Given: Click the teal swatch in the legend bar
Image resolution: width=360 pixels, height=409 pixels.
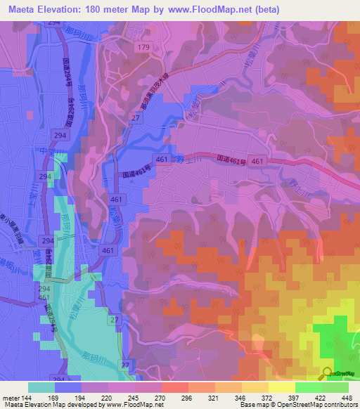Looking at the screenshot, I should [x=41, y=387].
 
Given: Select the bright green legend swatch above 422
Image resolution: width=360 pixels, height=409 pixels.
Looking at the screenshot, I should [x=309, y=387].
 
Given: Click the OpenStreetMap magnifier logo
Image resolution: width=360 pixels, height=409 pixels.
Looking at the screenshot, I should [x=327, y=372].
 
